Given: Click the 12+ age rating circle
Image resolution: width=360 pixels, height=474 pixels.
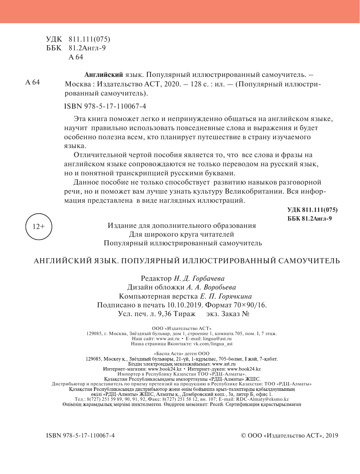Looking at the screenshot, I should coord(39,227).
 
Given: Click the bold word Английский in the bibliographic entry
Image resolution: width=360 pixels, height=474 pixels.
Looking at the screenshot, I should coord(103,75).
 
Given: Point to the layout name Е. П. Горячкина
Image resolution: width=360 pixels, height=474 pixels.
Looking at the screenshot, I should coord(226,296).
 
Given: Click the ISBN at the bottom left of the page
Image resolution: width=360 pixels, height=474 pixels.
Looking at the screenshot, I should coord(81,435).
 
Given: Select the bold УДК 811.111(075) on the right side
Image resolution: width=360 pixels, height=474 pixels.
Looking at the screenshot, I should coord(312,210).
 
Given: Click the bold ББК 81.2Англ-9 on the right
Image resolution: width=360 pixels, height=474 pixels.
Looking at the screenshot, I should coord(309,218).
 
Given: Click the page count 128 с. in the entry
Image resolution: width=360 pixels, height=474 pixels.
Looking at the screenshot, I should coord(197,84).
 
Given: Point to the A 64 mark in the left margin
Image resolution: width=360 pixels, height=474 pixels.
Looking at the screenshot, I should coord(32,82).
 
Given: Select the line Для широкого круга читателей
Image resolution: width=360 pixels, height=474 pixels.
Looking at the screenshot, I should coord(182,234).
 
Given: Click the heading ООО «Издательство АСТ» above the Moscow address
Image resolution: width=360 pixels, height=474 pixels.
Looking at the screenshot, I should coord(181,329).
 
